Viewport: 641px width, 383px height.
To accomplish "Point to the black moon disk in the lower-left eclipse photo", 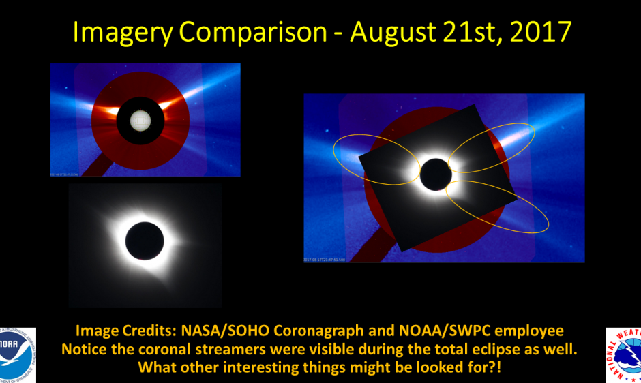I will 145,241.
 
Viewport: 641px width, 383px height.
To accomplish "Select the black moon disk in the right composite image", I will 436,174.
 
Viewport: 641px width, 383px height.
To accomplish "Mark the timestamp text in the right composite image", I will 325,260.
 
